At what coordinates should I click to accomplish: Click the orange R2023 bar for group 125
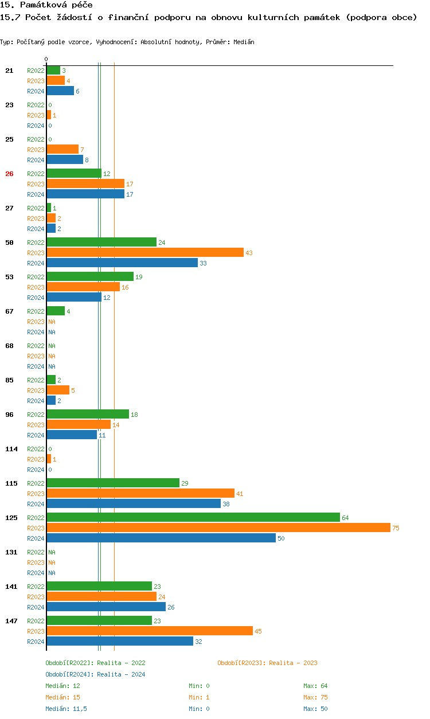click(x=218, y=527)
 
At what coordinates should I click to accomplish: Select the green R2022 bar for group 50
click(x=101, y=242)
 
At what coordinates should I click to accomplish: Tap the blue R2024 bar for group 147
click(x=120, y=641)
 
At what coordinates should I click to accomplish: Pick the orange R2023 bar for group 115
click(x=140, y=493)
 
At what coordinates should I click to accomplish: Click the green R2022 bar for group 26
click(x=74, y=173)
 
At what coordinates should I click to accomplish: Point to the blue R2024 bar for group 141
click(x=106, y=607)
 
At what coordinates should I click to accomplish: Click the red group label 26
click(x=9, y=174)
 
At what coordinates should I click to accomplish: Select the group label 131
click(x=11, y=552)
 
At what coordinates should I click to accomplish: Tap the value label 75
click(x=396, y=528)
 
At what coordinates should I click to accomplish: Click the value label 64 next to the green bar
click(x=345, y=518)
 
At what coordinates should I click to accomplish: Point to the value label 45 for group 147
click(x=258, y=631)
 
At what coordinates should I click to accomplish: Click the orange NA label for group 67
click(x=52, y=322)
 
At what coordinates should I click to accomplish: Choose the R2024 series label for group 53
click(x=36, y=298)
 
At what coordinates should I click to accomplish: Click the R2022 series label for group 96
click(x=36, y=415)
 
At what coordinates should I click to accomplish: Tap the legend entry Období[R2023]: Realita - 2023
click(x=267, y=663)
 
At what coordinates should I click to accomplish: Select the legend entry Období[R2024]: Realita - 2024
click(x=95, y=674)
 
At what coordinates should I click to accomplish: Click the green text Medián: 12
click(x=62, y=686)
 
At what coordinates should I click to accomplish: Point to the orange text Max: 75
click(x=315, y=697)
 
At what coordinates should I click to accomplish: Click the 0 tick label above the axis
click(x=46, y=59)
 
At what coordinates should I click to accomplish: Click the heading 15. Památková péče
click(x=46, y=5)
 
